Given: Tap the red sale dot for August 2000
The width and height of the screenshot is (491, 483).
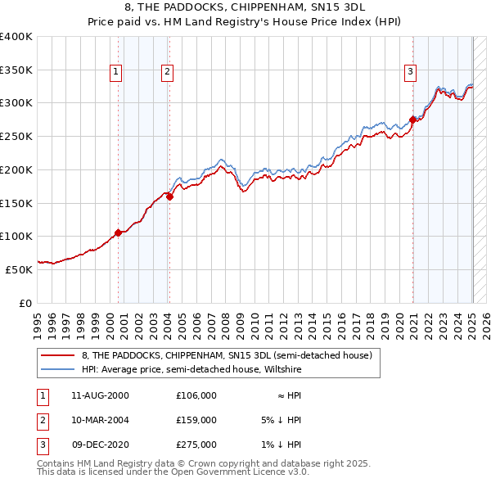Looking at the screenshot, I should tap(118, 232).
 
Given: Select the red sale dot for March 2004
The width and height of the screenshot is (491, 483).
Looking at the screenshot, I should tap(169, 196).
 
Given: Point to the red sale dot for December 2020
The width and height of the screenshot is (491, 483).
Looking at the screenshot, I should tap(412, 120).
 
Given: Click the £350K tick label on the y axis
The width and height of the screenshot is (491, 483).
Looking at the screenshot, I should tap(16, 70).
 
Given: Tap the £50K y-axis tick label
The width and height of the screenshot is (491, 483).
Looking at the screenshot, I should tap(18, 269).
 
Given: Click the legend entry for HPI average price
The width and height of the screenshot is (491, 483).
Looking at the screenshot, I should tap(191, 370).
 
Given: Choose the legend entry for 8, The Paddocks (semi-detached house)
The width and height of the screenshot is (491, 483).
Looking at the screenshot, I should tap(227, 355).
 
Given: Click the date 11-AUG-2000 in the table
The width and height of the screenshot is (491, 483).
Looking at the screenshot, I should tap(101, 395).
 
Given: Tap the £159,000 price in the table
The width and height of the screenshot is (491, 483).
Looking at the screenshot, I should tap(196, 419).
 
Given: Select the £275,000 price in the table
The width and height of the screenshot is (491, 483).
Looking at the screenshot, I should tap(196, 445).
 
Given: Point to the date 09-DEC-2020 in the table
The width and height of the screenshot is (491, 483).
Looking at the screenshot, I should tap(101, 445).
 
